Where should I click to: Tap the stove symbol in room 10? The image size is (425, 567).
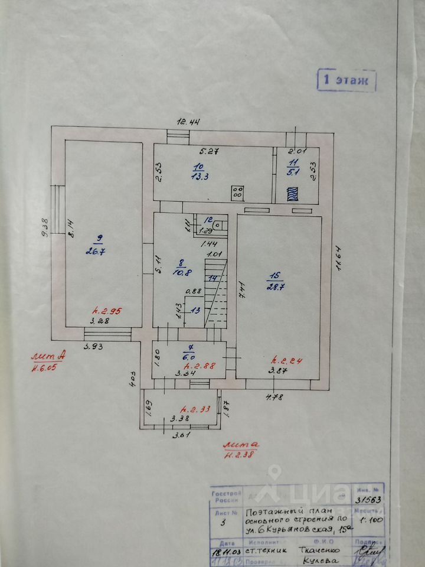pos(238,193)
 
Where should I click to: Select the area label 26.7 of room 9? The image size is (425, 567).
pos(100,250)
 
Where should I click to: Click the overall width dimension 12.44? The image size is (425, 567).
pos(189,122)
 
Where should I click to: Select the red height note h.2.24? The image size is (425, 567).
pos(285,360)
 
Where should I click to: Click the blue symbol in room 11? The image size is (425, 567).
pos(292,193)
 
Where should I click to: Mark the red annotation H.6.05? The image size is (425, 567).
pos(47,370)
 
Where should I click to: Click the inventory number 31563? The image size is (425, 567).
pos(368,498)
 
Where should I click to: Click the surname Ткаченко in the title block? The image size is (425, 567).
pos(310,548)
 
